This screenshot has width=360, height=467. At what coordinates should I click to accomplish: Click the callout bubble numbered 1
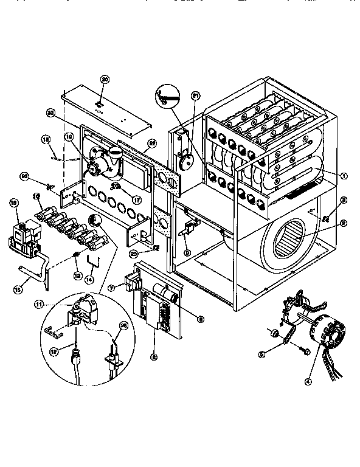344,176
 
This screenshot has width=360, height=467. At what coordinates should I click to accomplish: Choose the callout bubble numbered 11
56,302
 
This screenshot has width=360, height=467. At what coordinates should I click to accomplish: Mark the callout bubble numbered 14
89,279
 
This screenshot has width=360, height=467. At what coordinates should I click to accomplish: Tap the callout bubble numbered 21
196,95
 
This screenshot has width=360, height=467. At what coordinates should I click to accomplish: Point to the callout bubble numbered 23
50,111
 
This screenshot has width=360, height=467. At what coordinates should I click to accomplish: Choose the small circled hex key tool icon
167,97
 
